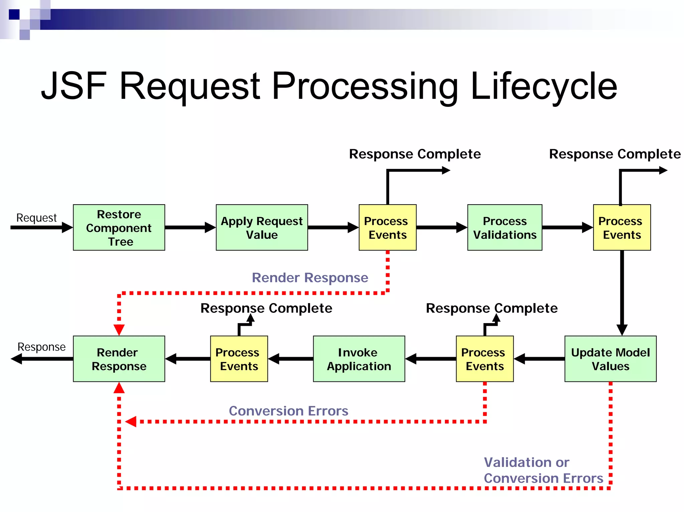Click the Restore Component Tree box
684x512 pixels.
[119, 227]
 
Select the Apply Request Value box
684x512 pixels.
[262, 227]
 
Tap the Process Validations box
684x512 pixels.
[504, 227]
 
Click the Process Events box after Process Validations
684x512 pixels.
[622, 227]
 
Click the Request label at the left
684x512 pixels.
[36, 218]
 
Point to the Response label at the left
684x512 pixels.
[41, 347]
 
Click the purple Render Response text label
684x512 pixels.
[310, 277]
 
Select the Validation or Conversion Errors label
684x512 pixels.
[543, 470]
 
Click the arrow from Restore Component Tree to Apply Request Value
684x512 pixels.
[190, 227]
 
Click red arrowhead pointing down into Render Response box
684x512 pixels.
[119, 329]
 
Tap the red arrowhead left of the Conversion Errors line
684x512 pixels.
[131, 422]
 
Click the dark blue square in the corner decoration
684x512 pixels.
[14, 15]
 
